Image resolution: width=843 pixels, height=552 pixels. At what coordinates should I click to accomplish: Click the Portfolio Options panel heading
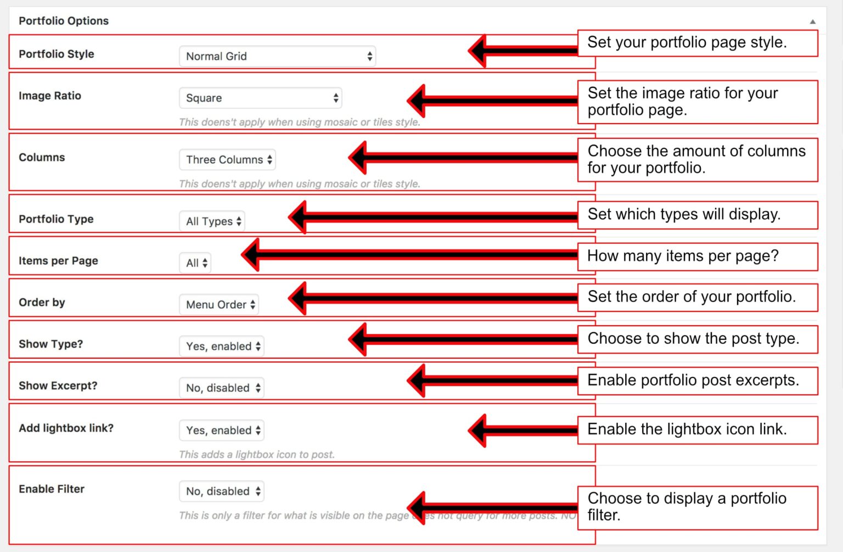(x=64, y=21)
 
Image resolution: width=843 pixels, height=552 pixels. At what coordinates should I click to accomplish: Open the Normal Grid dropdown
(x=277, y=56)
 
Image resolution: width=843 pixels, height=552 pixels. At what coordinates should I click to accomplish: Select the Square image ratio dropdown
(x=260, y=98)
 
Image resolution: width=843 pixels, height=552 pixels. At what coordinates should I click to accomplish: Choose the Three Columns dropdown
(x=227, y=160)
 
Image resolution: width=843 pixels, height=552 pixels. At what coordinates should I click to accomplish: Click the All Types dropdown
(x=212, y=221)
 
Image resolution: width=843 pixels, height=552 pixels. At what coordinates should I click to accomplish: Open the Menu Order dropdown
(x=219, y=305)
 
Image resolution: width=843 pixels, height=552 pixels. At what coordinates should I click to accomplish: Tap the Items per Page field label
(x=58, y=261)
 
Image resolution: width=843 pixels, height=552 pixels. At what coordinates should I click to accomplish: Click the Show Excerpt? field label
(x=58, y=386)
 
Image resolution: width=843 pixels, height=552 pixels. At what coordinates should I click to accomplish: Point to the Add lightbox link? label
(x=66, y=428)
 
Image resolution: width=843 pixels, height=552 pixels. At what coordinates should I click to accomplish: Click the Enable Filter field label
(x=52, y=489)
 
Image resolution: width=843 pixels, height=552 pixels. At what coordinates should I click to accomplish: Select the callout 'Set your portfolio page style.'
(x=697, y=43)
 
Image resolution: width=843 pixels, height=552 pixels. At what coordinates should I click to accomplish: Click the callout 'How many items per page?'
(x=697, y=256)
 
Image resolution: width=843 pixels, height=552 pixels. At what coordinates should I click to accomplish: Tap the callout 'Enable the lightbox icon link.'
(x=697, y=430)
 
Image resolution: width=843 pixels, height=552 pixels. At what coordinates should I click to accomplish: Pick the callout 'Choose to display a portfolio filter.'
(x=697, y=507)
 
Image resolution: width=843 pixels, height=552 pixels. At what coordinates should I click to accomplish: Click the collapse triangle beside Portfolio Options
(x=813, y=21)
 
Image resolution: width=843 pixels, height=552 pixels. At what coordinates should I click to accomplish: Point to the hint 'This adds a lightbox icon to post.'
(x=256, y=455)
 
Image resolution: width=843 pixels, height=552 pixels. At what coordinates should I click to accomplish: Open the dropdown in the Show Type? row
(x=222, y=347)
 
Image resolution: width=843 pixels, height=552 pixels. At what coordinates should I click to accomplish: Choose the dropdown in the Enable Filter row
(x=222, y=492)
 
